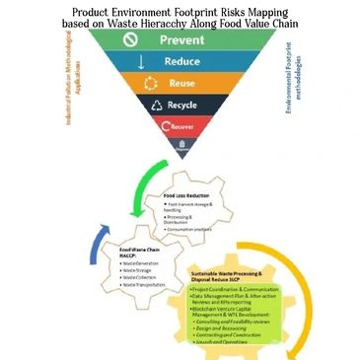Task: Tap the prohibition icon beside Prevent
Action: (127, 41)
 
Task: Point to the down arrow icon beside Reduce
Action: (141, 61)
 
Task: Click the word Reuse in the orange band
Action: (181, 82)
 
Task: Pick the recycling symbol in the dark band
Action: (153, 104)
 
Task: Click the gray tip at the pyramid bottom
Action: (180, 145)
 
